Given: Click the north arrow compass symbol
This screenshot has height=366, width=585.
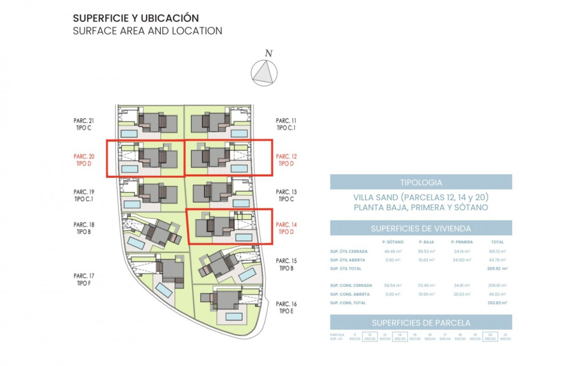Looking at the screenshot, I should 264,72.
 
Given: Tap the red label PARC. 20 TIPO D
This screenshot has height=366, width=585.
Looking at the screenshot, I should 84,160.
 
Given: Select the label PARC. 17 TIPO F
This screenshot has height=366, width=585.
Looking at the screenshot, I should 84,279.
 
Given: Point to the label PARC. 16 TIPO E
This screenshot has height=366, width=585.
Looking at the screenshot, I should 286,307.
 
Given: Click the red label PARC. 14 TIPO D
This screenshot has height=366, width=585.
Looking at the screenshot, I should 286,228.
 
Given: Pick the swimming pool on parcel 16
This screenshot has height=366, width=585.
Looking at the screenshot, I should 234,316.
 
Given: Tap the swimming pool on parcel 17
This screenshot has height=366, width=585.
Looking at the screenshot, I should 164,289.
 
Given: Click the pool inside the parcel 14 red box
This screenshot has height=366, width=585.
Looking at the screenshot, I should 243,237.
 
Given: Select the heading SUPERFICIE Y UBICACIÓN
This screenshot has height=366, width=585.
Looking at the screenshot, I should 136,19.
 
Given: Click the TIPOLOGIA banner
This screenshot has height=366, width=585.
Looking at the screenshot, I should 421,182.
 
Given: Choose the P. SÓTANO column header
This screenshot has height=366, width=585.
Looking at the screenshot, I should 393,242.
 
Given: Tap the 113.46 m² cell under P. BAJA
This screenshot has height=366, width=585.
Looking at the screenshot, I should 426,285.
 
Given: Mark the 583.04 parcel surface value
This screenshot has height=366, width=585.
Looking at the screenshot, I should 429,339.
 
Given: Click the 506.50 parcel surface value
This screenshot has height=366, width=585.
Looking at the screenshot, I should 460,339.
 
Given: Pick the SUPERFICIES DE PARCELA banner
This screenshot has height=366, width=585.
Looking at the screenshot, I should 421,323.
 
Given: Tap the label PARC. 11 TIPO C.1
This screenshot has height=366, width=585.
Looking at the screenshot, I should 286,124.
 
